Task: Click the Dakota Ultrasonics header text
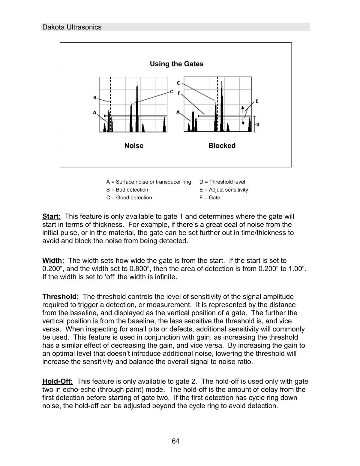72,27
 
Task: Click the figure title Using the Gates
176,64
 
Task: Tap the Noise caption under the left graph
134,146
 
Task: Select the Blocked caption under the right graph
222,146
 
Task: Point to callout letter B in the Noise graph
95,98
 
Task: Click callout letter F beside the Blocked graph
179,93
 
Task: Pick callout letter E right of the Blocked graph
257,101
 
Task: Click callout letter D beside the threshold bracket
258,124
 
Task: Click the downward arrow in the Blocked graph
243,121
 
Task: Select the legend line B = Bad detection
127,190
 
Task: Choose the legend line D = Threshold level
222,182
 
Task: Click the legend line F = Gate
210,198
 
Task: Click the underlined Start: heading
52,216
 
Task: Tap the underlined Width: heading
53,261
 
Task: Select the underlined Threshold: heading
61,297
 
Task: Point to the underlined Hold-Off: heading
58,382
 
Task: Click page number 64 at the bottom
176,441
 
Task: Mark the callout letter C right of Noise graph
172,92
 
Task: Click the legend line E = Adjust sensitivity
223,190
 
